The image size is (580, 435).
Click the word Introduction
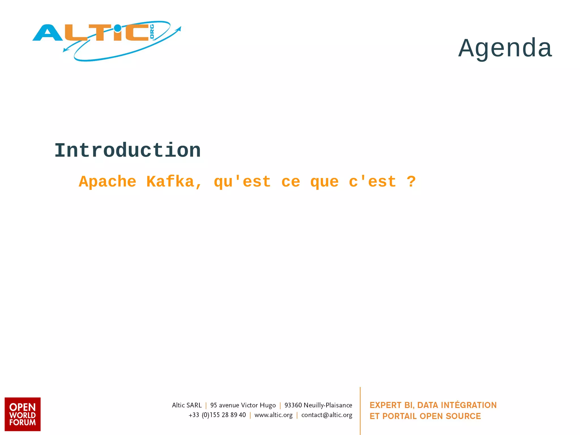(127, 150)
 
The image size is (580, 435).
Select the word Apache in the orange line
(107, 182)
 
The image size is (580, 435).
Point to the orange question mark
(411, 182)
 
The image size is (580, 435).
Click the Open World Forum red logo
(23, 414)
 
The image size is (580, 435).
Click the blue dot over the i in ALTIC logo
(117, 28)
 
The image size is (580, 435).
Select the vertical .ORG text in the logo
(152, 32)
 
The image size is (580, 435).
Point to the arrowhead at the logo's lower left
(65, 50)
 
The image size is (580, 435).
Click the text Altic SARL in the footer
(187, 405)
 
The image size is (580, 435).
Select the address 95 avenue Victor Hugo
(243, 405)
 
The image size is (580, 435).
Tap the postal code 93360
(293, 405)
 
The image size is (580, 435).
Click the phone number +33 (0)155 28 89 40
(217, 415)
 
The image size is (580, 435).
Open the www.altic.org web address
(273, 415)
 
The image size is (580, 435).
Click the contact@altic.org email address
(327, 415)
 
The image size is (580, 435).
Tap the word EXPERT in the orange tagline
(385, 405)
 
